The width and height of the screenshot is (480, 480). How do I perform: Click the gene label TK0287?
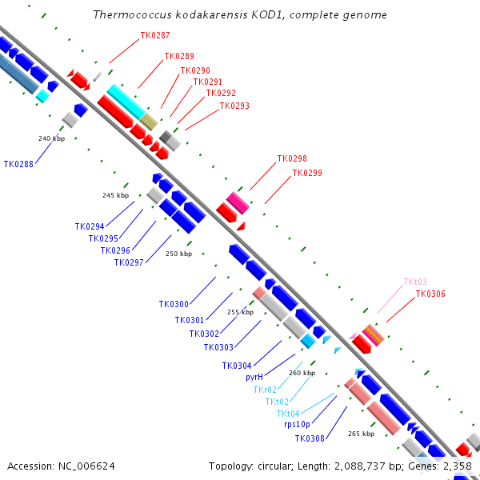tap(154, 35)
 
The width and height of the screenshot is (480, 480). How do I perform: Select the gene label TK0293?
tap(234, 106)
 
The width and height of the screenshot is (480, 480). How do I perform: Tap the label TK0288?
tap(18, 164)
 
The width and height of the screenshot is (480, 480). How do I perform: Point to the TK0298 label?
tap(292, 159)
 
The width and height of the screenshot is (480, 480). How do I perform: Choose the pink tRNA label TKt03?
tap(415, 282)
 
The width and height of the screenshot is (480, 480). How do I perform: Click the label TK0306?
tap(430, 294)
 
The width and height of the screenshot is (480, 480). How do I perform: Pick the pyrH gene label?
tap(254, 377)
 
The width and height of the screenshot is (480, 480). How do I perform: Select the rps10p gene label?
tap(297, 425)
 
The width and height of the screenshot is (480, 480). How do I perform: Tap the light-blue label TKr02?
tap(264, 390)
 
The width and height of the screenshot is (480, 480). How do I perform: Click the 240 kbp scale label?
tap(50, 138)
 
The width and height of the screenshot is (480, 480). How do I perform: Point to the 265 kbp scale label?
tap(361, 434)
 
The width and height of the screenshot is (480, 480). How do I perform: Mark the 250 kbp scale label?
tap(178, 254)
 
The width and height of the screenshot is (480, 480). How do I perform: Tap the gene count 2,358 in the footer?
tap(457, 466)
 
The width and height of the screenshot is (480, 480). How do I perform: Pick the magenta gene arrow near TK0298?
tap(238, 202)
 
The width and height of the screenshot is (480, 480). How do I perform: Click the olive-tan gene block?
tap(149, 122)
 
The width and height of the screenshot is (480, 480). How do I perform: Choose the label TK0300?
tap(174, 304)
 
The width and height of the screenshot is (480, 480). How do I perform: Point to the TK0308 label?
tap(310, 438)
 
